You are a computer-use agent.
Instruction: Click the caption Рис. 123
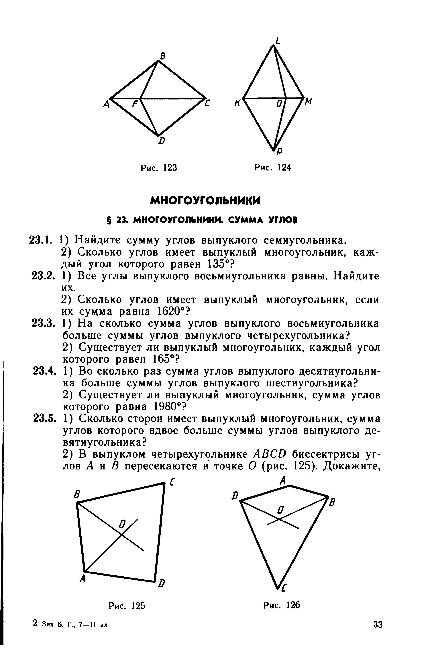click(159, 168)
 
